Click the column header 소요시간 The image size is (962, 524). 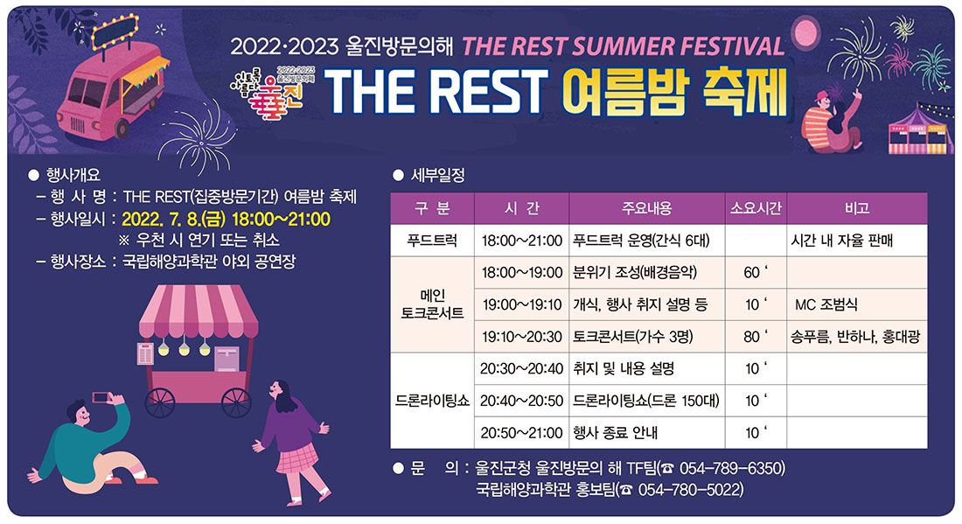click(756, 208)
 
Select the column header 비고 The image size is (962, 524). click(856, 208)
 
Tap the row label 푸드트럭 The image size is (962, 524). click(432, 241)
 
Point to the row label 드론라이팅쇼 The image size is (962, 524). click(432, 401)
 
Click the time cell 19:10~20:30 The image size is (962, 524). click(521, 337)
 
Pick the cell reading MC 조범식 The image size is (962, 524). click(826, 305)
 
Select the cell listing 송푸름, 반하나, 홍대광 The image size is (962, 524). click(855, 337)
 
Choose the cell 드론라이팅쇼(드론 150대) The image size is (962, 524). click(645, 401)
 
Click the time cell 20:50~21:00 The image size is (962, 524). click(521, 432)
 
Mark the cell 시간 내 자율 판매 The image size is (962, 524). click(841, 241)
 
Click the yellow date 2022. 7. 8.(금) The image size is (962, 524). click(174, 219)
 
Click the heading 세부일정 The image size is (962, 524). click(437, 176)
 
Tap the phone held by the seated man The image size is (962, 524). click(101, 397)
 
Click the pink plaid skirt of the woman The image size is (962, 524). click(297, 458)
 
